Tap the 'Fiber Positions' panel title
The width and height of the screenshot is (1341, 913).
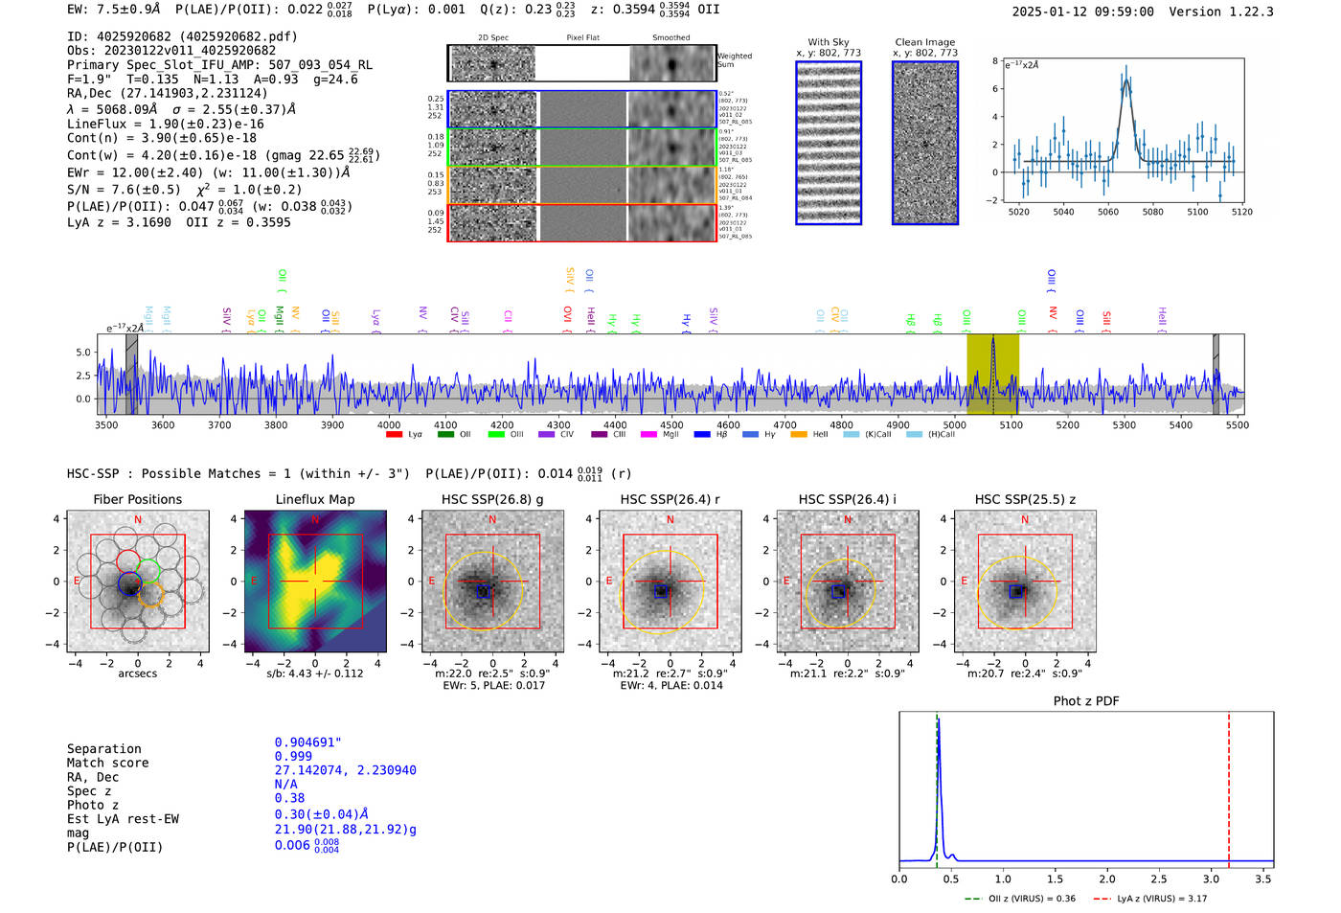(x=137, y=499)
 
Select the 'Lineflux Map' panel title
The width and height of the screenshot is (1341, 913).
(x=314, y=499)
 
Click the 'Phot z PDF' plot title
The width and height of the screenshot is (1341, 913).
(x=1086, y=700)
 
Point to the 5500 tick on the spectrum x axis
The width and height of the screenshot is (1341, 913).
(x=1237, y=424)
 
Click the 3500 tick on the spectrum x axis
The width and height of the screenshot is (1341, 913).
(x=106, y=424)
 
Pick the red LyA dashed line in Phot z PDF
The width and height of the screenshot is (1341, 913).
(x=1229, y=786)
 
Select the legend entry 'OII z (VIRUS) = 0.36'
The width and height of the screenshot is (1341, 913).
(x=1019, y=899)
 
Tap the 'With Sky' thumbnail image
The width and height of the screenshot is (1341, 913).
(x=829, y=143)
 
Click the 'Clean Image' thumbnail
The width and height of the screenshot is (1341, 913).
(x=925, y=143)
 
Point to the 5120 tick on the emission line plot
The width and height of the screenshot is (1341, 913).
(x=1241, y=212)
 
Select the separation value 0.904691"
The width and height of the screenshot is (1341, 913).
(x=307, y=742)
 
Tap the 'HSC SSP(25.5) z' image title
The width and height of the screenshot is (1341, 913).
(x=1025, y=499)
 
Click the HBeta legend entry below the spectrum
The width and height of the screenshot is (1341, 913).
(x=707, y=435)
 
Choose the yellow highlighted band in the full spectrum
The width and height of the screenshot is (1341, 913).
(x=992, y=374)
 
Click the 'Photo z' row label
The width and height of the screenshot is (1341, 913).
(x=93, y=805)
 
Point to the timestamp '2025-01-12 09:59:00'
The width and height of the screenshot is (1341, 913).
(x=1082, y=11)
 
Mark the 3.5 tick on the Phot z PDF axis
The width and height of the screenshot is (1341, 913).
(x=1263, y=879)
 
